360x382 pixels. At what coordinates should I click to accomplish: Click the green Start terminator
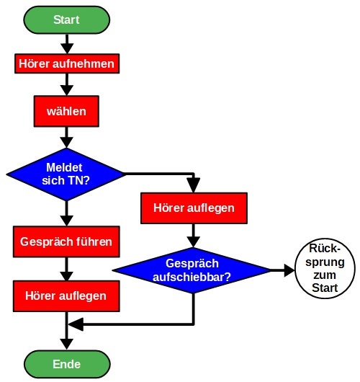[67, 20]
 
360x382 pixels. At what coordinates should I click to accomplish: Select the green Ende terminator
[67, 365]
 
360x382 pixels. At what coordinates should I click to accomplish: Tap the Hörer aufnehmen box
[67, 63]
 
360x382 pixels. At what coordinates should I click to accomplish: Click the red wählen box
[66, 111]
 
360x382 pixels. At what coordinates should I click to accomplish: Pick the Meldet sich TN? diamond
[66, 174]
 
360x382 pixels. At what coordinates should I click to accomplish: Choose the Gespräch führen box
[66, 241]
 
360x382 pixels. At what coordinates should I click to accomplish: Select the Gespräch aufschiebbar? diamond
[192, 270]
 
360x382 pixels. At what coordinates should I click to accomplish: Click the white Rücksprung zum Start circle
[325, 268]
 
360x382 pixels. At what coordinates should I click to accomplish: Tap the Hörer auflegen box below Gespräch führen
[66, 296]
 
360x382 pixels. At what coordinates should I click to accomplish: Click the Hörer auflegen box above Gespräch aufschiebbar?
[194, 208]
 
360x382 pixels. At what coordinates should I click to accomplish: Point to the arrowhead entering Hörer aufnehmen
[67, 49]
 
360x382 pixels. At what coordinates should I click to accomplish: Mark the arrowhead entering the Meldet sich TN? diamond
[66, 142]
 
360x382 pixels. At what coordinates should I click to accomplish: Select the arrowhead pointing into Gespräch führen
[66, 221]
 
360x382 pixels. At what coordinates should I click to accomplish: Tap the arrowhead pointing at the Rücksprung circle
[289, 270]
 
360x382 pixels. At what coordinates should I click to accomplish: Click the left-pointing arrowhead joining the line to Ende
[76, 324]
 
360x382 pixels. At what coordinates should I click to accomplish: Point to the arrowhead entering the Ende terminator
[67, 345]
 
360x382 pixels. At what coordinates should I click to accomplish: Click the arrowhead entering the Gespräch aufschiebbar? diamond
[194, 242]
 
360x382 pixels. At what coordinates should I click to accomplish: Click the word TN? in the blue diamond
[80, 181]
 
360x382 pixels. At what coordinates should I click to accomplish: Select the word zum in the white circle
[325, 275]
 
